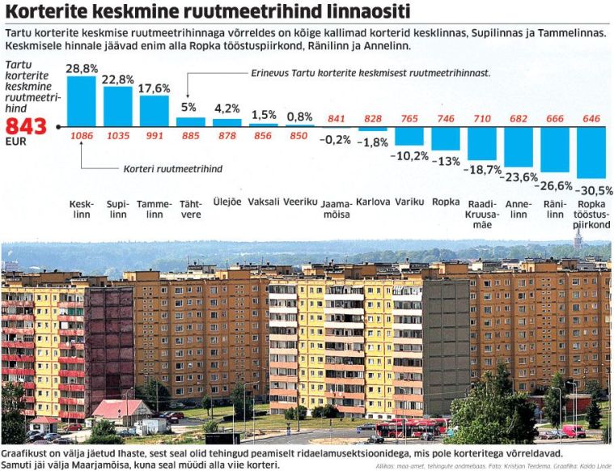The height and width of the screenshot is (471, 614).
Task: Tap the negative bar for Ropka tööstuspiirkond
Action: pyautogui.click(x=591, y=152)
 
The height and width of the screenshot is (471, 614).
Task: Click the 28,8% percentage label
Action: pyautogui.click(x=81, y=69)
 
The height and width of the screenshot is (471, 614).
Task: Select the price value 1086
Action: pyautogui.click(x=81, y=134)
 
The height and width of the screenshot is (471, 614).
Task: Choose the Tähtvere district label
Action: pyautogui.click(x=191, y=209)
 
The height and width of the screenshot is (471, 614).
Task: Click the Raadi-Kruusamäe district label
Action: pyautogui.click(x=481, y=214)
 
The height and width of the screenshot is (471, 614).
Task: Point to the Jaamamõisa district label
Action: pyautogui.click(x=336, y=209)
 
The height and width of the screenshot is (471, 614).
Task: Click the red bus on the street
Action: pyautogui.click(x=411, y=426)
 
